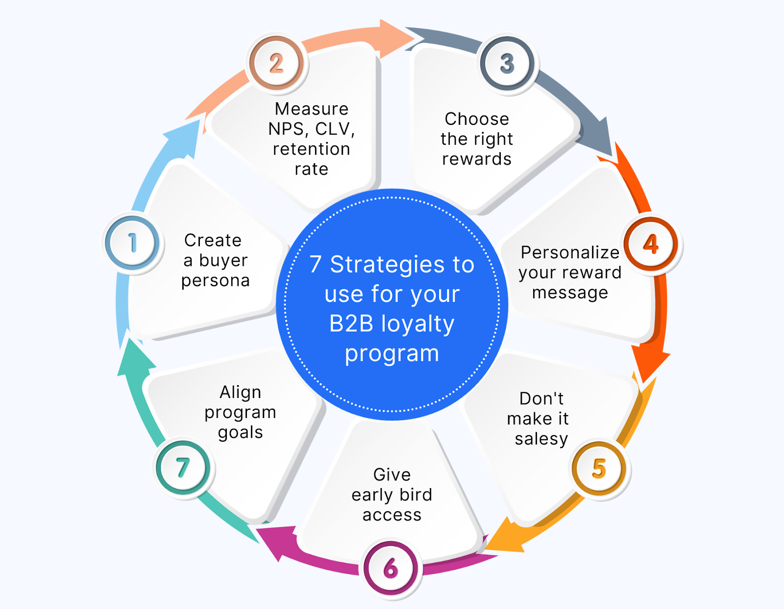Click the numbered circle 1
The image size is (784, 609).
pos(132,243)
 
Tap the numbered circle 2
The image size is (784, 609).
pos(276,63)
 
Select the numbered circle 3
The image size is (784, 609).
pos(507,63)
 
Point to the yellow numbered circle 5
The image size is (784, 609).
pos(599,468)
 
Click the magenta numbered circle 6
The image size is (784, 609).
pos(391,569)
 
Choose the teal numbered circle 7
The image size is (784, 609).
pos(183,468)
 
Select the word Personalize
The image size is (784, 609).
pos(570,253)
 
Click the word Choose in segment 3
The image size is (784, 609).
pos(477,119)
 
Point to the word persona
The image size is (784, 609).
pos(216,281)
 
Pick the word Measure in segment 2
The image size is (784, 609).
pos(312,109)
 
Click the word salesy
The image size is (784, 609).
pos(541,439)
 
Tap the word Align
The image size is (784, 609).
pos(240,392)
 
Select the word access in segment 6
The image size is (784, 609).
pos(392,515)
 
